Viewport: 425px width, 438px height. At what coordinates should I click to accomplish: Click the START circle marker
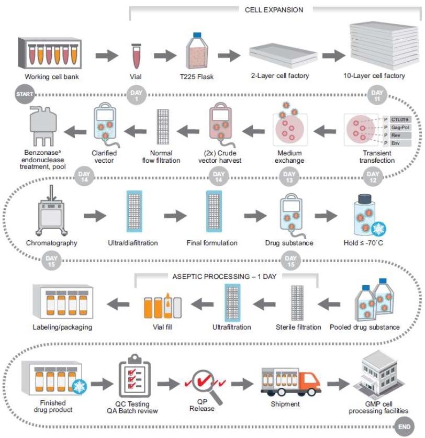tap(25, 94)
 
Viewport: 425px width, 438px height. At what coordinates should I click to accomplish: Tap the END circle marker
tap(404, 426)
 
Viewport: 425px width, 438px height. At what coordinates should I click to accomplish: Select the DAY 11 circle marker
tap(376, 94)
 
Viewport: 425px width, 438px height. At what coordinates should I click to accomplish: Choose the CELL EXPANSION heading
tap(274, 9)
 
